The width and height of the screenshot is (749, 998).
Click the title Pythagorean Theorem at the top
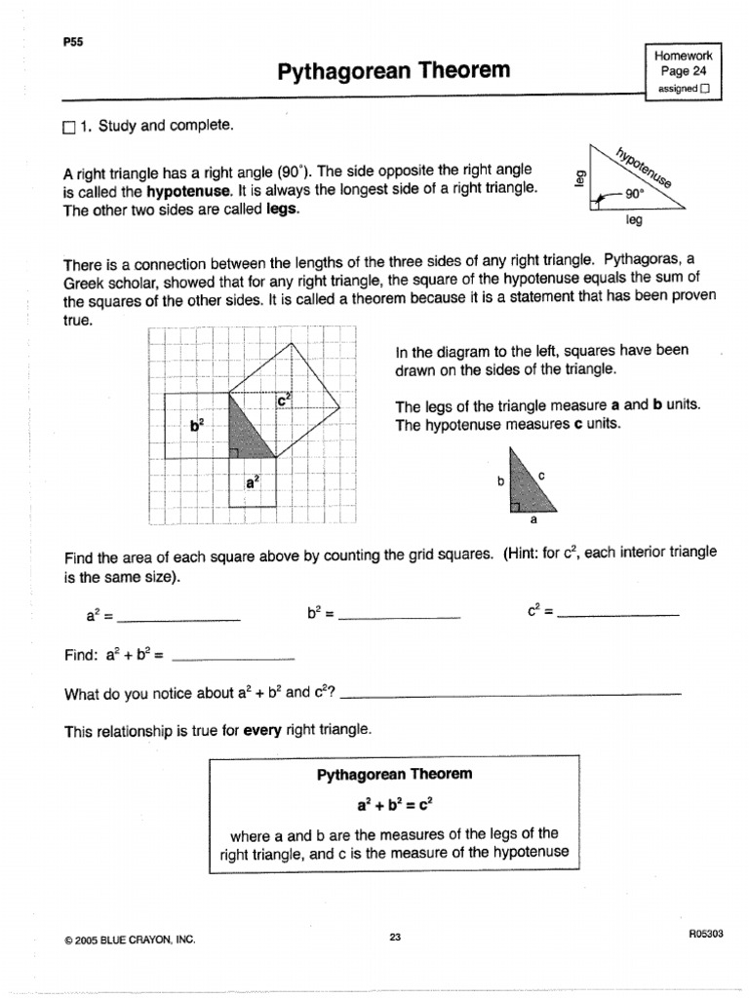[x=394, y=71]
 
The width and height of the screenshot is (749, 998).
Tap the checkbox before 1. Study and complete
[x=68, y=127]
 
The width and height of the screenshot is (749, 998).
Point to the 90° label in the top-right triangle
[x=635, y=194]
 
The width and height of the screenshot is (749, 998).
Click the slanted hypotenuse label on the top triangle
[x=645, y=168]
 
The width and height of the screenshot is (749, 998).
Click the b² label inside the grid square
[x=197, y=425]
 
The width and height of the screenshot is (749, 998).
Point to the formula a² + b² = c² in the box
[x=394, y=805]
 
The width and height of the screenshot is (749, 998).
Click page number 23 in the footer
[x=394, y=937]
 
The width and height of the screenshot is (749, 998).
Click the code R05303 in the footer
[x=704, y=934]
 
